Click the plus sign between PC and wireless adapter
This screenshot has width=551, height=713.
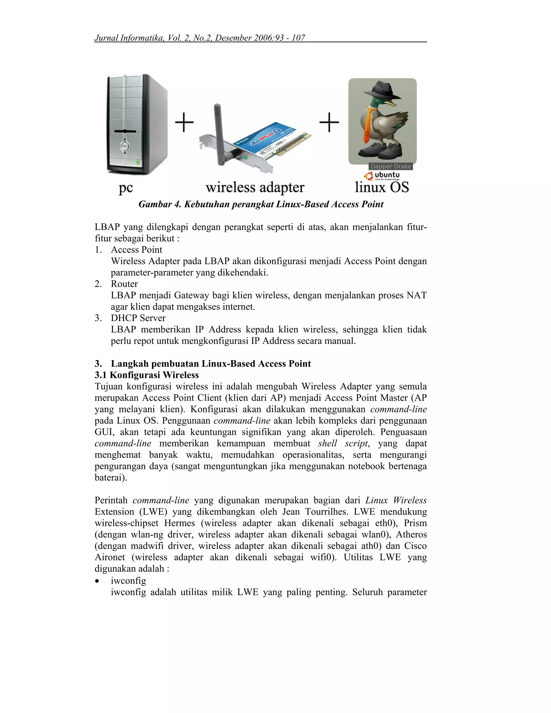[x=184, y=122]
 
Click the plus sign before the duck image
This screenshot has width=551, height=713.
[x=329, y=122]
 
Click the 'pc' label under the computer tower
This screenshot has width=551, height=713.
[x=126, y=188]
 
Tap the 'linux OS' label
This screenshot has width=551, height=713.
[x=382, y=187]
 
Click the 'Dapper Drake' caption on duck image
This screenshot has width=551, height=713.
[x=390, y=166]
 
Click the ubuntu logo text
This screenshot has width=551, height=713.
[x=387, y=175]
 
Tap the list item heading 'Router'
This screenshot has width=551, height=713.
[x=124, y=284]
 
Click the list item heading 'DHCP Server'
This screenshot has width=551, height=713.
[x=138, y=318]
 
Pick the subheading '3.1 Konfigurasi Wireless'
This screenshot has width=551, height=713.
[x=147, y=375]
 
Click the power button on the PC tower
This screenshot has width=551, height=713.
[x=124, y=146]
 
